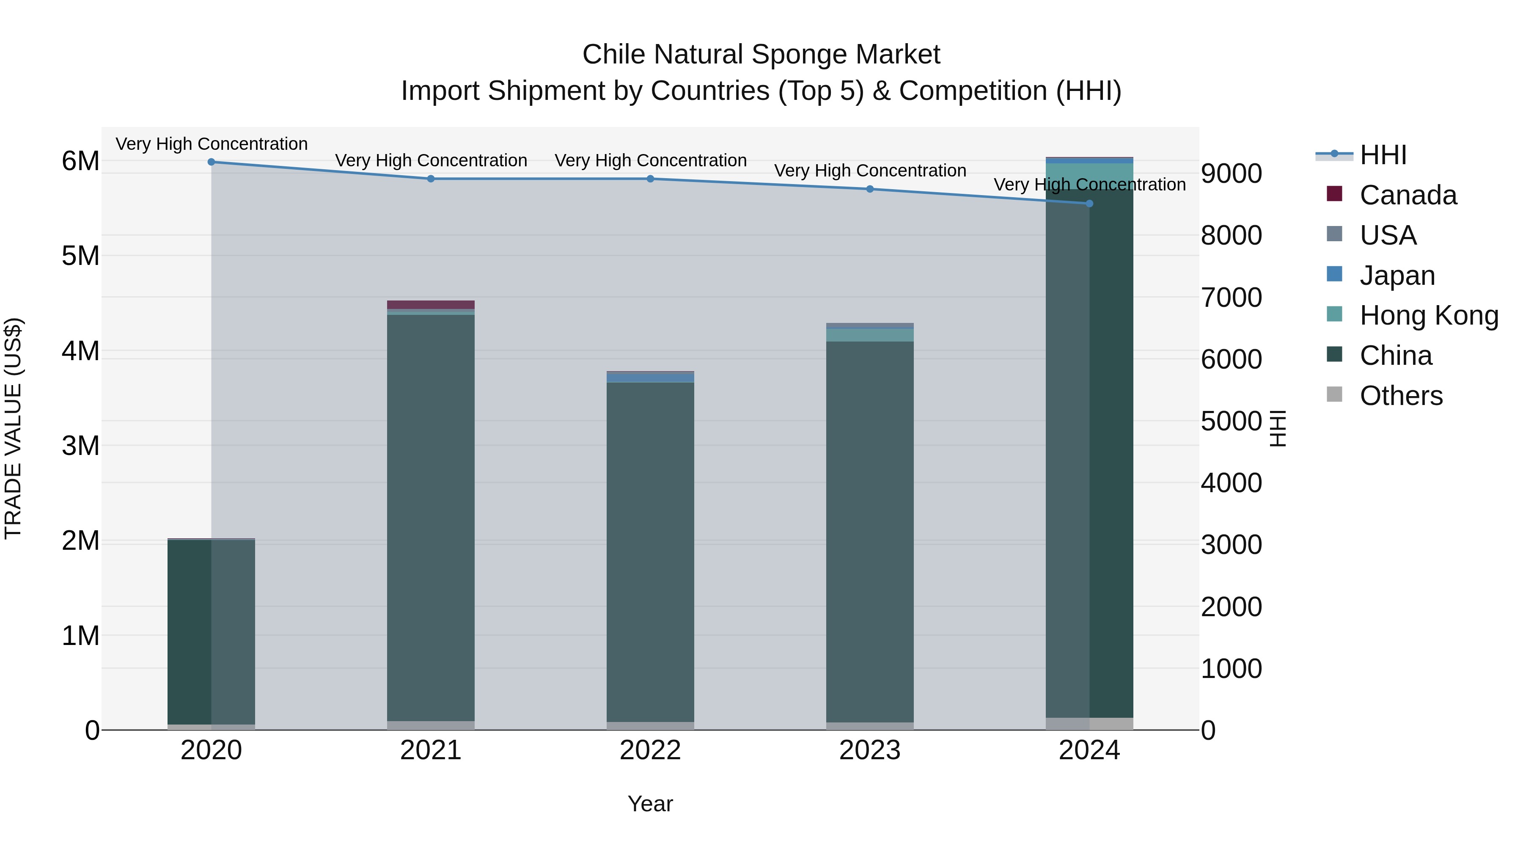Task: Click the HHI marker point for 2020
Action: tap(211, 162)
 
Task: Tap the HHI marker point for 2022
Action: tap(650, 179)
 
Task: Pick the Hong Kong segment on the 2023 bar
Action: tap(870, 335)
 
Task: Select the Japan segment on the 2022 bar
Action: tap(650, 378)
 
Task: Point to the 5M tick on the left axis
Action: tap(81, 256)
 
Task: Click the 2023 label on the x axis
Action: tap(870, 750)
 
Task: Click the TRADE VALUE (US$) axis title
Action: tap(13, 428)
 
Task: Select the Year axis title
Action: tap(650, 804)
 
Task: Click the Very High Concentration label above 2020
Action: tap(212, 144)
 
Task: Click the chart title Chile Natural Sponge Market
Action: tap(761, 55)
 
